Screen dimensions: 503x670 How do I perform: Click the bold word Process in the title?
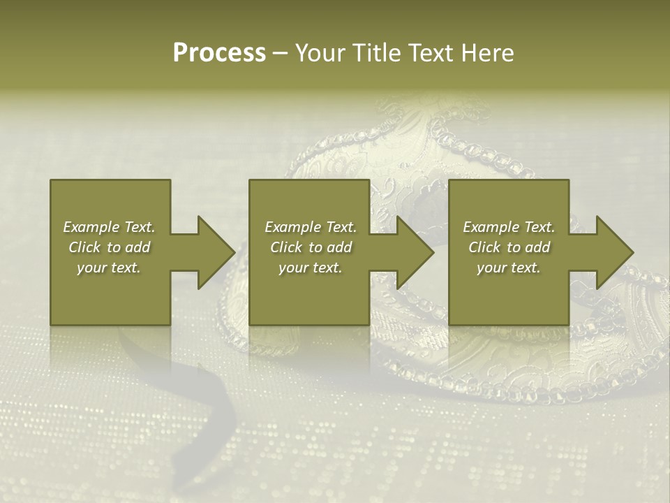[x=219, y=53]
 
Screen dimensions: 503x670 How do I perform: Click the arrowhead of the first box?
[x=214, y=252]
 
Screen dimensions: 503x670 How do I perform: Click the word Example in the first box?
[x=91, y=227]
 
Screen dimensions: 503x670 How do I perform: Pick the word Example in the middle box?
[x=293, y=227]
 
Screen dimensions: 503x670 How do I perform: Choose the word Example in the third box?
[x=491, y=227]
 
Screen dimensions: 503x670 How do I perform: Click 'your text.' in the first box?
[x=109, y=268]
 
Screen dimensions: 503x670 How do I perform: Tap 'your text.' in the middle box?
[x=311, y=268]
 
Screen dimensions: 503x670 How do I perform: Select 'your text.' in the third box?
[x=509, y=268]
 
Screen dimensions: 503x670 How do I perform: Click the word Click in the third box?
[x=484, y=247]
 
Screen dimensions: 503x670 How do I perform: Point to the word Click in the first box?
[x=84, y=247]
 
